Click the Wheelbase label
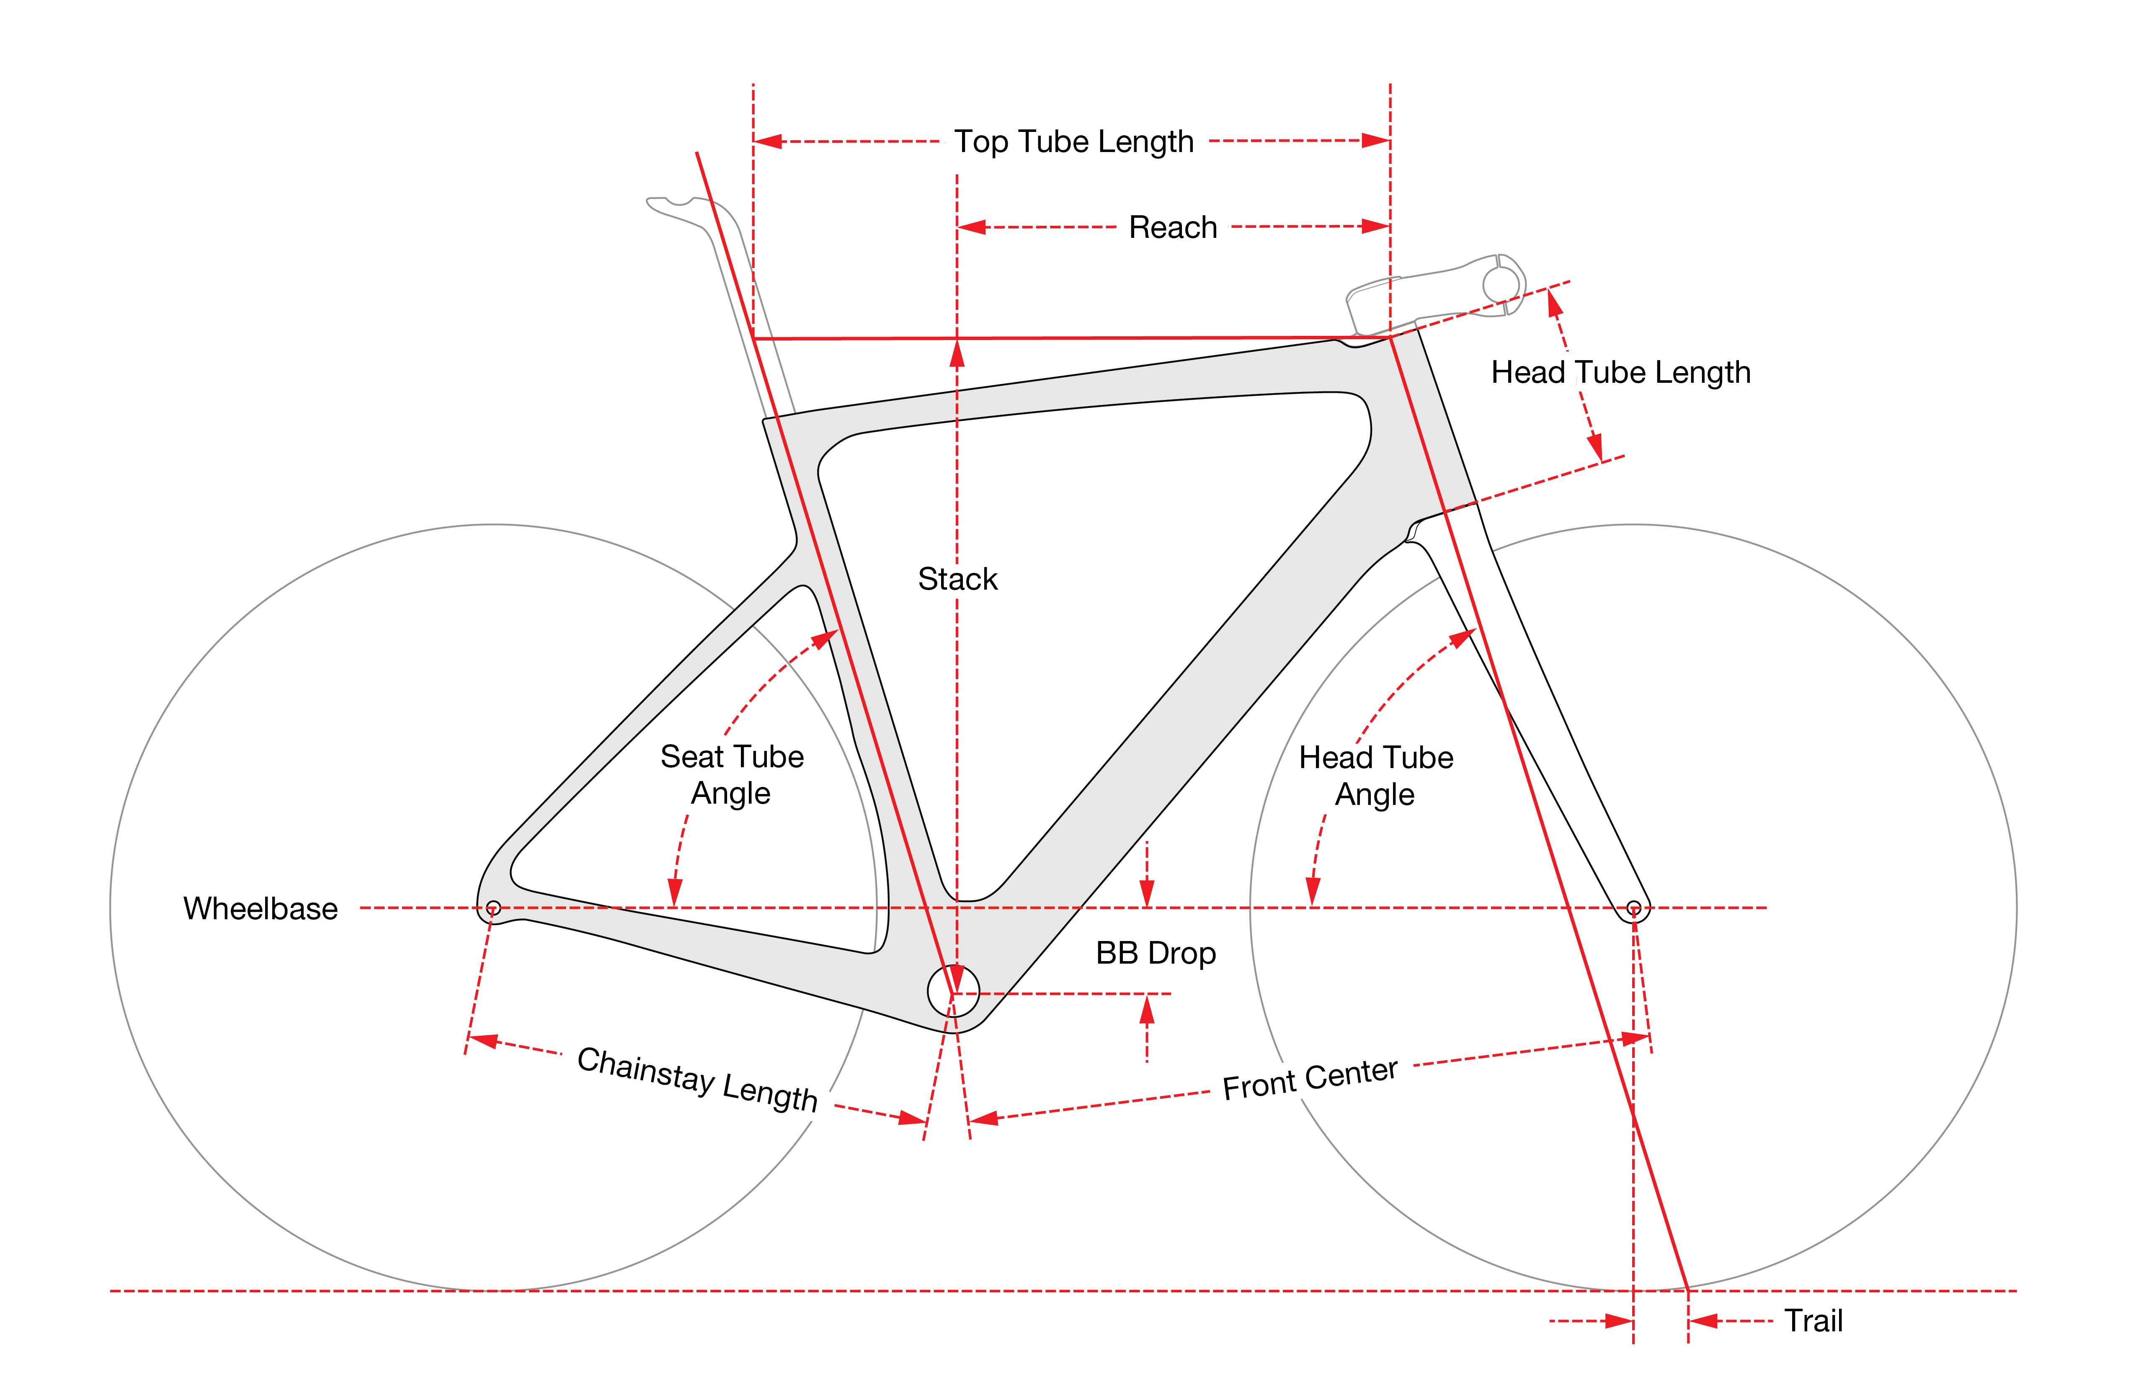click(x=260, y=909)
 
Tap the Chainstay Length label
click(x=697, y=1080)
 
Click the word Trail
click(x=1813, y=1321)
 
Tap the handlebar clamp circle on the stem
click(x=1501, y=285)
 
